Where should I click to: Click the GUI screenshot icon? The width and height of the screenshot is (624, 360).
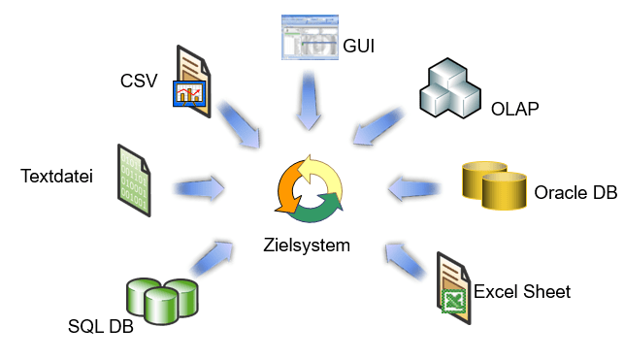310,38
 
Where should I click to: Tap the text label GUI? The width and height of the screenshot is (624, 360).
358,47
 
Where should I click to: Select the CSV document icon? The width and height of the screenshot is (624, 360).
192,82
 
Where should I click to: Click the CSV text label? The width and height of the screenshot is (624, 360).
139,81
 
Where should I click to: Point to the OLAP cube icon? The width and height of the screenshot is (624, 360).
450,88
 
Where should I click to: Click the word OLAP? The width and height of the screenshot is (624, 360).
515,109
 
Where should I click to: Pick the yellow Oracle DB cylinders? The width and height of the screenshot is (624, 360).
494,185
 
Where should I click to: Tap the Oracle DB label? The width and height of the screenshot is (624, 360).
575,192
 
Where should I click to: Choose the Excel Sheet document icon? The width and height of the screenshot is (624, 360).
454,288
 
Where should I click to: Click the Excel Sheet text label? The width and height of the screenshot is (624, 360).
522,291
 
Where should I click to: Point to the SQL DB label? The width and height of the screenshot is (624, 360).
101,327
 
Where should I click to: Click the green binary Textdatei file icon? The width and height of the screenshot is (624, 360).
134,180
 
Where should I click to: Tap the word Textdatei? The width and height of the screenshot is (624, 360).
56,177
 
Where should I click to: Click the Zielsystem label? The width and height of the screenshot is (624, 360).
307,245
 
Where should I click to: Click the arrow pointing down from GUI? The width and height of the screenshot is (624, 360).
309,101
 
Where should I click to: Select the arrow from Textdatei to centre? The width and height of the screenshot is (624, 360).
199,187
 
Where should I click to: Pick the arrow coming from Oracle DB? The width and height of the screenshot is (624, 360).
414,188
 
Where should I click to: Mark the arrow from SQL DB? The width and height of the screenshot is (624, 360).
212,258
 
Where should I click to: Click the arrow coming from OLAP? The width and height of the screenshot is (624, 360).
378,126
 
